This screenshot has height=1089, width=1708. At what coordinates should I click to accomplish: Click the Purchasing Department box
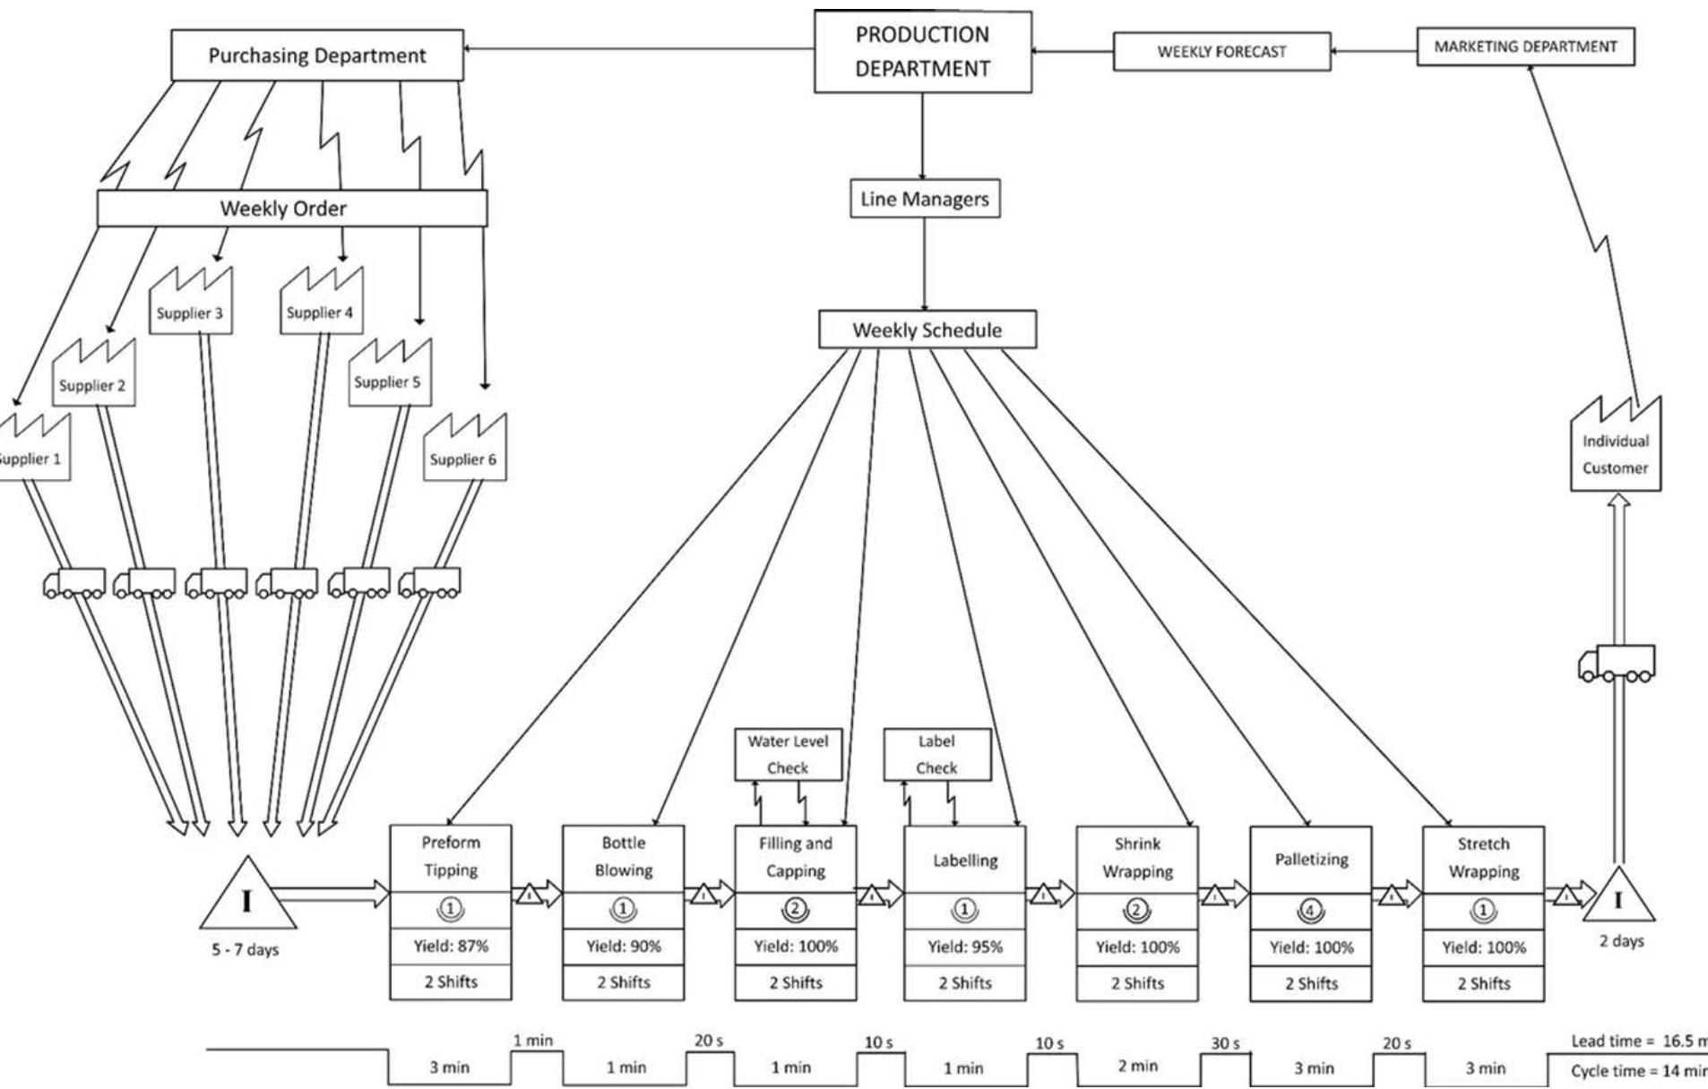tap(317, 56)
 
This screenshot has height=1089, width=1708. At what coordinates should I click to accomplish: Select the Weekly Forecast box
tap(1221, 52)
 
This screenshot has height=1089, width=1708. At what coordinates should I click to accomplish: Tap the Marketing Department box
tap(1525, 47)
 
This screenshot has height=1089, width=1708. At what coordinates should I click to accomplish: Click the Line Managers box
tap(924, 199)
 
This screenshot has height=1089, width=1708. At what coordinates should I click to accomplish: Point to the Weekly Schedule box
tap(927, 330)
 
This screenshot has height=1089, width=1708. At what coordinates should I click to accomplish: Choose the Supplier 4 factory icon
tap(321, 304)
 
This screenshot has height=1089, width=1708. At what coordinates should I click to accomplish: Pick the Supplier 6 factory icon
tap(464, 450)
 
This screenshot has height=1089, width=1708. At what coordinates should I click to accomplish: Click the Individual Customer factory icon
tap(1615, 448)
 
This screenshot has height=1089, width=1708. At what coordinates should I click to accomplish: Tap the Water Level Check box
tap(788, 754)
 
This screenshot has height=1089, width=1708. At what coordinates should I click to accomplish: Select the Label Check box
tap(936, 754)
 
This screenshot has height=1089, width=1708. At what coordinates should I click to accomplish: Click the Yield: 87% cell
tap(450, 946)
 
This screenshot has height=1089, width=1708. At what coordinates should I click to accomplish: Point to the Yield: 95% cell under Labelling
tap(964, 947)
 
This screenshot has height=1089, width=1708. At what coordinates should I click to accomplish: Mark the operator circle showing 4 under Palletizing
tap(1310, 912)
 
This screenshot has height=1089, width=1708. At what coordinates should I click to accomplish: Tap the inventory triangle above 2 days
tap(1618, 898)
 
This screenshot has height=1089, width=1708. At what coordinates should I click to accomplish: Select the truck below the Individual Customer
tap(1617, 664)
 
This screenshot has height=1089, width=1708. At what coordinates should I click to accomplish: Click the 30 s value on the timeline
tap(1225, 1044)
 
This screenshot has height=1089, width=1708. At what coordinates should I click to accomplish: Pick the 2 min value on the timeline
tap(1137, 1066)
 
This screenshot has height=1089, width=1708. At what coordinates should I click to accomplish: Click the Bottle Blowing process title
tap(623, 856)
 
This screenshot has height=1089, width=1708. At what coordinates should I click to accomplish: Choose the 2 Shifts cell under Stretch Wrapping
tap(1483, 983)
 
